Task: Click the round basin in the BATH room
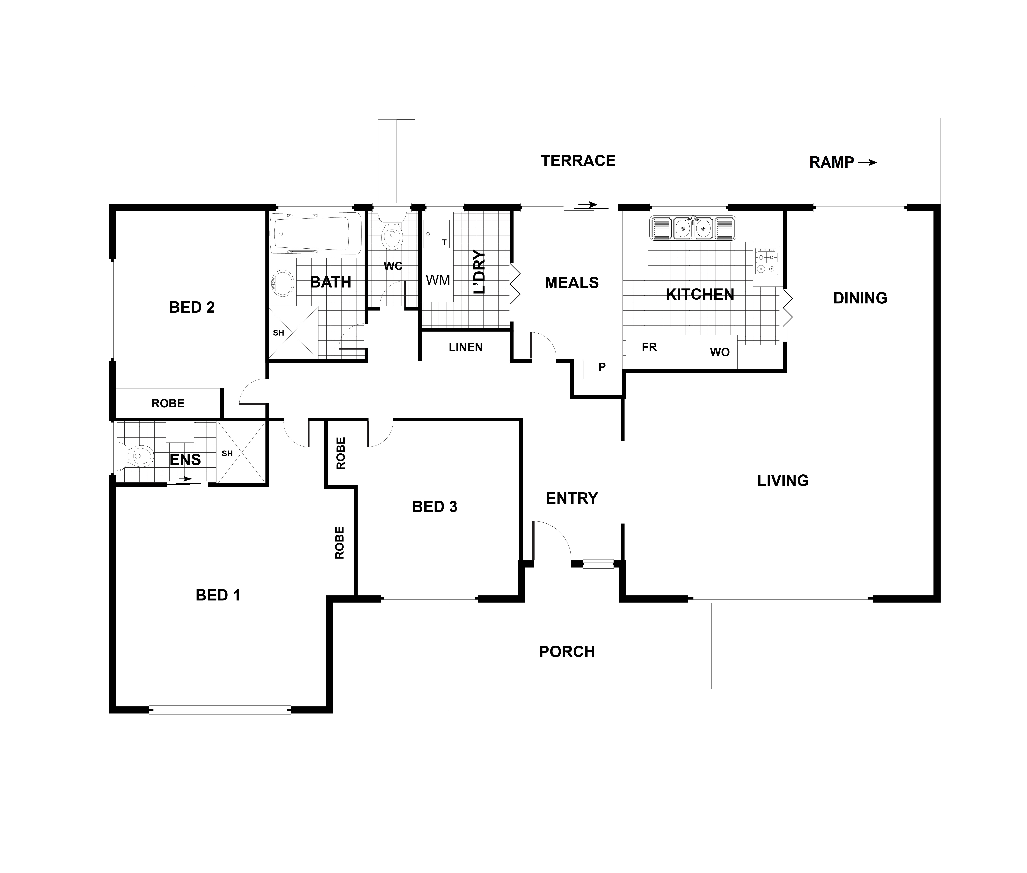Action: click(283, 283)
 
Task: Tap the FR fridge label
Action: click(649, 347)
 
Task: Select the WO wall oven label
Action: click(719, 352)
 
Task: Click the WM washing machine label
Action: click(438, 280)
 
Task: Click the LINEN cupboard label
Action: click(465, 347)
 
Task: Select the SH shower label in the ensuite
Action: click(227, 453)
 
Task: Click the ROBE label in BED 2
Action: click(168, 403)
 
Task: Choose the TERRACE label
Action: click(578, 161)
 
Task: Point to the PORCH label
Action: click(567, 652)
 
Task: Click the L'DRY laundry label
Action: click(479, 272)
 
